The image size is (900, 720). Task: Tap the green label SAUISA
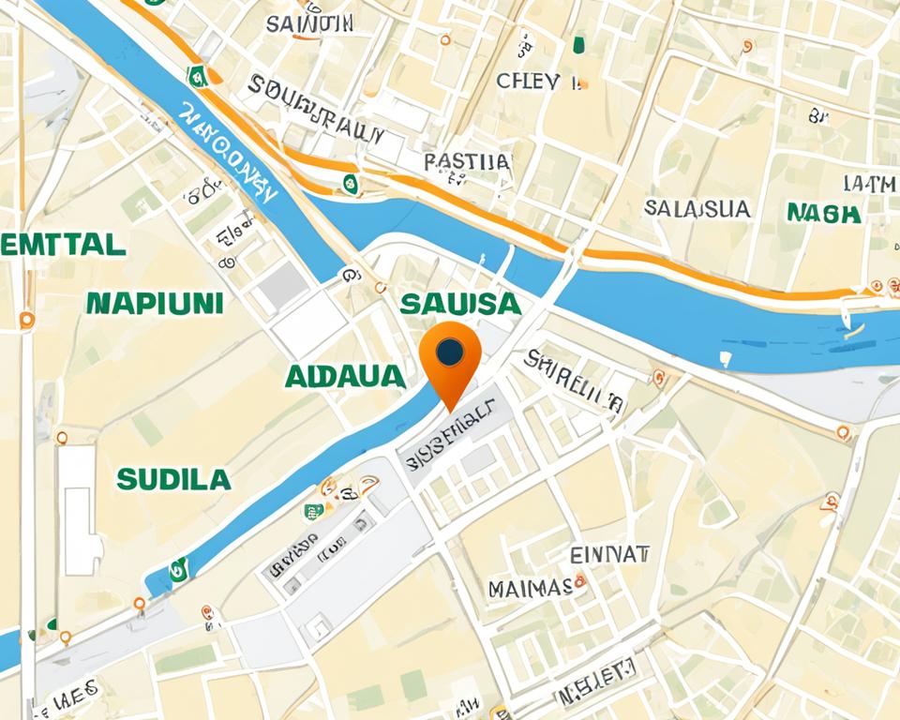click(459, 303)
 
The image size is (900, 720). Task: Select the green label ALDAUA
click(344, 376)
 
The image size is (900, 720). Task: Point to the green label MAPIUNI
click(155, 302)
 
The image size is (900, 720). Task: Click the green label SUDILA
click(173, 480)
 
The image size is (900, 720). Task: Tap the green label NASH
click(824, 213)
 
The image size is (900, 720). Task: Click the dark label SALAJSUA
click(698, 208)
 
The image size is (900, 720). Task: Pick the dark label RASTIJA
click(467, 162)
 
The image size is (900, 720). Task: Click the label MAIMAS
click(530, 589)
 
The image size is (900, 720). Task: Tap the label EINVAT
click(610, 554)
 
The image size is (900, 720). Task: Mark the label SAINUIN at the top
click(309, 24)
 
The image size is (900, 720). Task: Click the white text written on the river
click(229, 155)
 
